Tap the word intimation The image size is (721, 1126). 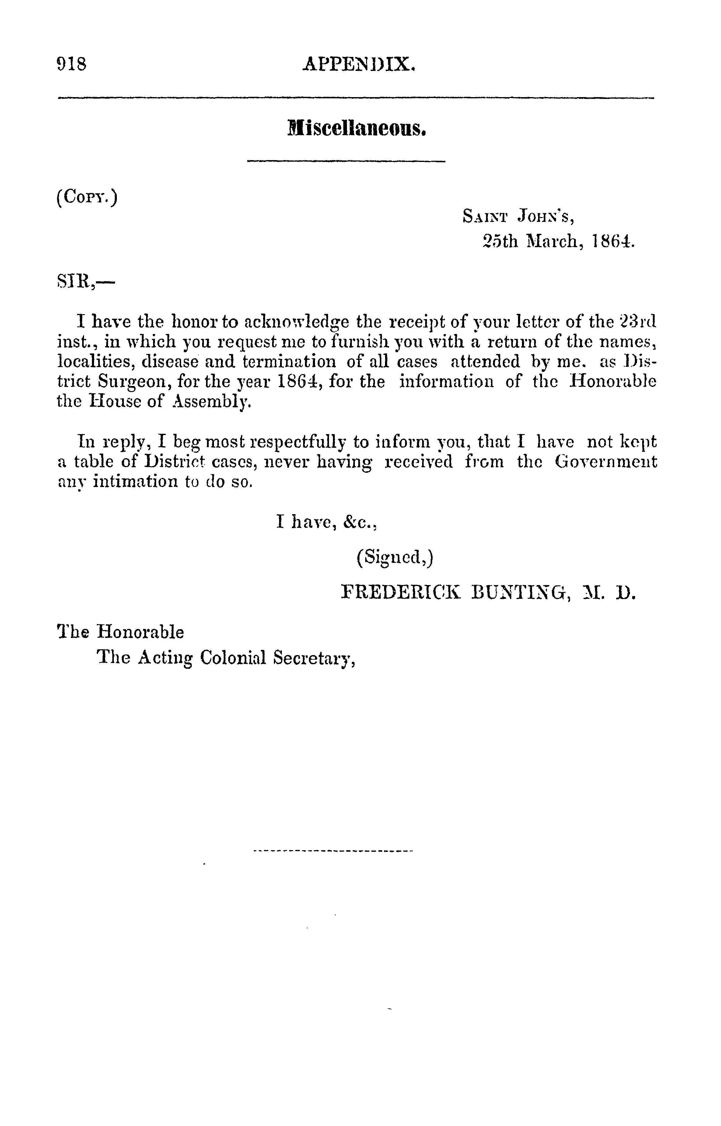coord(135,482)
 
